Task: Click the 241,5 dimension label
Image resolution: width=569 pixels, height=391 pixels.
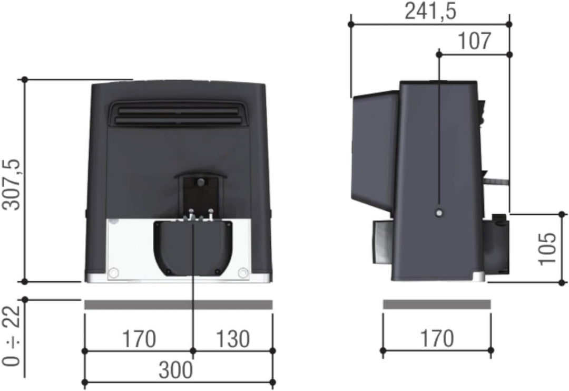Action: click(x=430, y=11)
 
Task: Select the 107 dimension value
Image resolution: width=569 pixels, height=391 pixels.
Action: click(x=474, y=41)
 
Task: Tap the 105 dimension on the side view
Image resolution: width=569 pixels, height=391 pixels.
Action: click(x=548, y=248)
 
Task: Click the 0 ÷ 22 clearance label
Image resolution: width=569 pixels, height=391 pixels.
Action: click(x=12, y=338)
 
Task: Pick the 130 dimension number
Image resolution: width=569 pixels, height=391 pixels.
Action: click(x=233, y=339)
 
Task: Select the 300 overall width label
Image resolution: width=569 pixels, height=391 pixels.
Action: click(x=176, y=370)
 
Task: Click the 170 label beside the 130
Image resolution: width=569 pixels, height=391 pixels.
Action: click(x=139, y=339)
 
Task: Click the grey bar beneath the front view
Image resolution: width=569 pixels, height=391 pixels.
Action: click(x=178, y=305)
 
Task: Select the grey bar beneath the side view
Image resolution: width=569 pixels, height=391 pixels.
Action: click(x=437, y=304)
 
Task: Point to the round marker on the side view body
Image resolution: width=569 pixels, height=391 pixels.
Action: click(x=439, y=213)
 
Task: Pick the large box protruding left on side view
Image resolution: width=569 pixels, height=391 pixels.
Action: click(x=375, y=150)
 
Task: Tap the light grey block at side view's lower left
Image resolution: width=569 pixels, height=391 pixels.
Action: click(x=381, y=243)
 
